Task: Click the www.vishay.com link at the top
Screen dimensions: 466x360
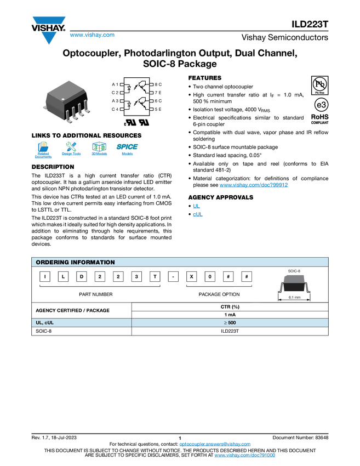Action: [92, 35]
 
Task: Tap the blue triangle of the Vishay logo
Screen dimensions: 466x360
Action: [49, 38]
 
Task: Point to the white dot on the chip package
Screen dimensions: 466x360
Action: [63, 99]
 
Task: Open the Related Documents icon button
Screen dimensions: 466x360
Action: [43, 150]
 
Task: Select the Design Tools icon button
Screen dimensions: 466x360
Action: [71, 150]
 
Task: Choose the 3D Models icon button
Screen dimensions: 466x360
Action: [99, 150]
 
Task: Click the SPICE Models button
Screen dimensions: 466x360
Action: [127, 150]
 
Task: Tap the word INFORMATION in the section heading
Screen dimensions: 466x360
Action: [96, 262]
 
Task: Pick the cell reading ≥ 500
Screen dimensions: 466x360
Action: [230, 323]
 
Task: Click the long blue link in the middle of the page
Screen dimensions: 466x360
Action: [254, 185]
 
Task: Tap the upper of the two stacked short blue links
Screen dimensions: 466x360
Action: [196, 205]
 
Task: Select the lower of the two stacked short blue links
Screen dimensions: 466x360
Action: [198, 215]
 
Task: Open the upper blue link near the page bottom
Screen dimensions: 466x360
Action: [215, 444]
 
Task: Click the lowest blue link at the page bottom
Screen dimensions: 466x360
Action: [245, 456]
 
